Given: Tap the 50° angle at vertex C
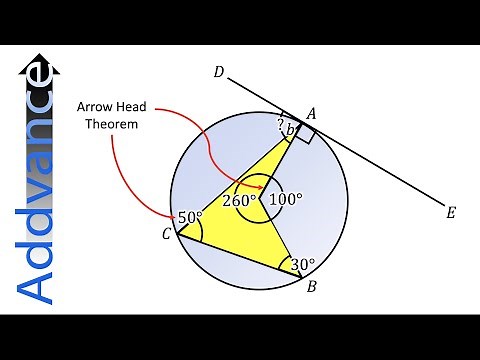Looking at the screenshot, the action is [190, 217].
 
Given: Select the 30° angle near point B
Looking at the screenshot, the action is [302, 265].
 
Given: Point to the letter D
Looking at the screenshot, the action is [218, 72].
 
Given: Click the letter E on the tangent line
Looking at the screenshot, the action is [451, 212].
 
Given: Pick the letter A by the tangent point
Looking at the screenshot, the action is [311, 116].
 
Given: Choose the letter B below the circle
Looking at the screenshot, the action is [312, 288].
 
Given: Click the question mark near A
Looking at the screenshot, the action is [281, 123].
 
